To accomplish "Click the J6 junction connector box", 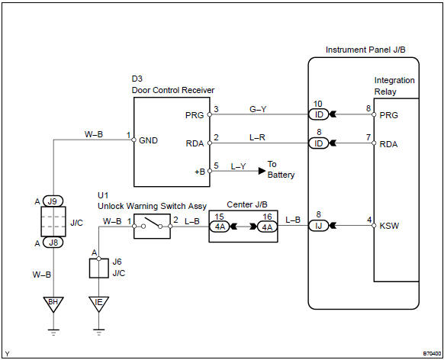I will click(98, 268).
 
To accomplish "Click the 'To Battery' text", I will click(281, 169).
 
